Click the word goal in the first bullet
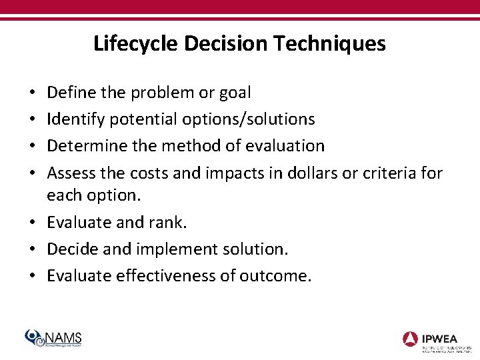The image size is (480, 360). (x=235, y=93)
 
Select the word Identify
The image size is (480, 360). (x=72, y=119)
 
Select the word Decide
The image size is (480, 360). (x=71, y=249)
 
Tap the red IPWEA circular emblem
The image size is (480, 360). (x=411, y=338)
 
